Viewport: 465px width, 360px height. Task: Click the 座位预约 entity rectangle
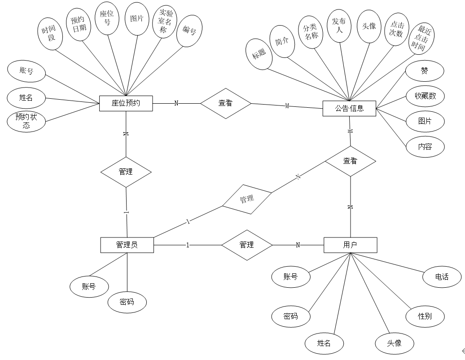click(x=126, y=103)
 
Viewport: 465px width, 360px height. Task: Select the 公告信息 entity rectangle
click(x=349, y=108)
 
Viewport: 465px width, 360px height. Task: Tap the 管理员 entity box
click(x=127, y=245)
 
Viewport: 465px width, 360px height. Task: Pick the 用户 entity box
click(x=350, y=245)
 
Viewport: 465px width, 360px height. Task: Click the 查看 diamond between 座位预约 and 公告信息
click(x=225, y=103)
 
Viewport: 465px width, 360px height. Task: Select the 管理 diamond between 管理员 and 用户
click(x=247, y=245)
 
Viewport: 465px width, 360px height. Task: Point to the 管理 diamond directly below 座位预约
click(x=126, y=171)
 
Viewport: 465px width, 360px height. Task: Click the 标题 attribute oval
click(x=259, y=54)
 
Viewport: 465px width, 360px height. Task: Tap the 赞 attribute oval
click(x=424, y=71)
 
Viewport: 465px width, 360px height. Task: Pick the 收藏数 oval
click(x=425, y=96)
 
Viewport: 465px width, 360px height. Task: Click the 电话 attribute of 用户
click(x=442, y=277)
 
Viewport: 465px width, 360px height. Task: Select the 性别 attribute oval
click(x=425, y=316)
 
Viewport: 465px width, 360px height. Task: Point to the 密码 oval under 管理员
click(x=127, y=302)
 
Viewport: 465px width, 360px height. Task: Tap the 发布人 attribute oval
click(x=339, y=26)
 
